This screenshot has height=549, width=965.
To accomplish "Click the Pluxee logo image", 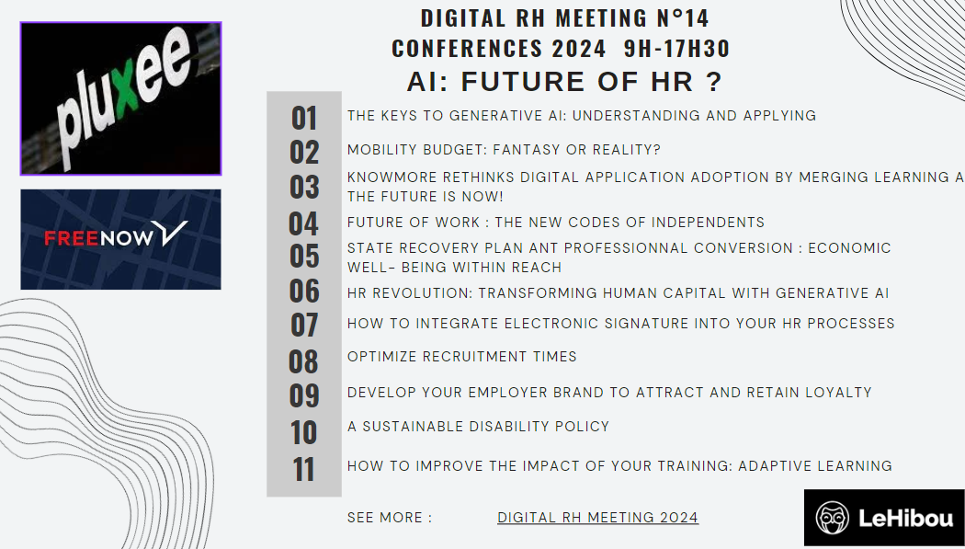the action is (120, 98).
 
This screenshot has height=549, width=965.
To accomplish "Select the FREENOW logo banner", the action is (120, 239).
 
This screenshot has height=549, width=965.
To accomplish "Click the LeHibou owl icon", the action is (832, 518).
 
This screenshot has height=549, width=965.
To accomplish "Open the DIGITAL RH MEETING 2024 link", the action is (597, 518).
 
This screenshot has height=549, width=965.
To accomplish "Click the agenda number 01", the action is (304, 119).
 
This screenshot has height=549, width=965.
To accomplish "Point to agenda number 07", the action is (304, 325).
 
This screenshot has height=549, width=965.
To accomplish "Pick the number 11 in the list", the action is (304, 470).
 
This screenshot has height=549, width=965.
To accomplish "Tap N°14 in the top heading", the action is (683, 17).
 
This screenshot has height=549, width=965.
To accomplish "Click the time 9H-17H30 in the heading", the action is (676, 49).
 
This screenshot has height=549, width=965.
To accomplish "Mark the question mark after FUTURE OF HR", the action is (714, 82).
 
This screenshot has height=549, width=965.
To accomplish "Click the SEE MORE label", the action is (390, 518).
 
